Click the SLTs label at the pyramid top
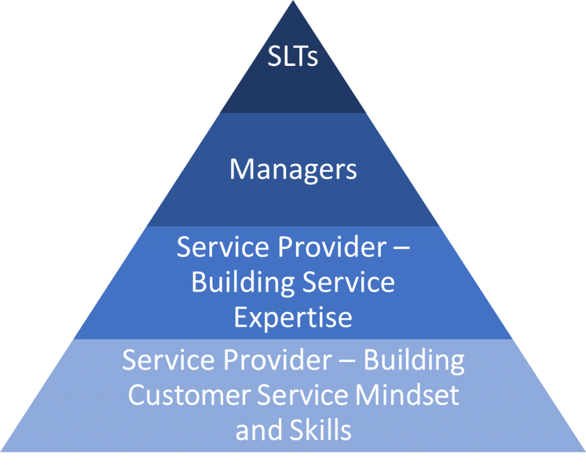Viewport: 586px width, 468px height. pos(292,57)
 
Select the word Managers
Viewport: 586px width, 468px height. pos(293,170)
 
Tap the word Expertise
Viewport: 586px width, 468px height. pos(293,318)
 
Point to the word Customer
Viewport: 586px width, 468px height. pos(189,395)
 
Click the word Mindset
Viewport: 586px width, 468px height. pos(407,395)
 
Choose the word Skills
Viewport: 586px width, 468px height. pos(320,430)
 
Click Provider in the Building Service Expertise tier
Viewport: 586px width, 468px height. pos(332,247)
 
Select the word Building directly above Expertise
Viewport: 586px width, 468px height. pos(243,282)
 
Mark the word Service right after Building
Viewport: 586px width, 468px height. pos(349,282)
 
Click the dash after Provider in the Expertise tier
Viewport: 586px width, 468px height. pos(401,247)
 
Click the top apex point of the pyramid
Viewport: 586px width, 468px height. pos(293,1)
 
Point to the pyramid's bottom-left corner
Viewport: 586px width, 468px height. pos(1,451)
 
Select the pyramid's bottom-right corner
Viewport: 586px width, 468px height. pos(585,451)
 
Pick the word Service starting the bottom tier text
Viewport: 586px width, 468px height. pos(169,360)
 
